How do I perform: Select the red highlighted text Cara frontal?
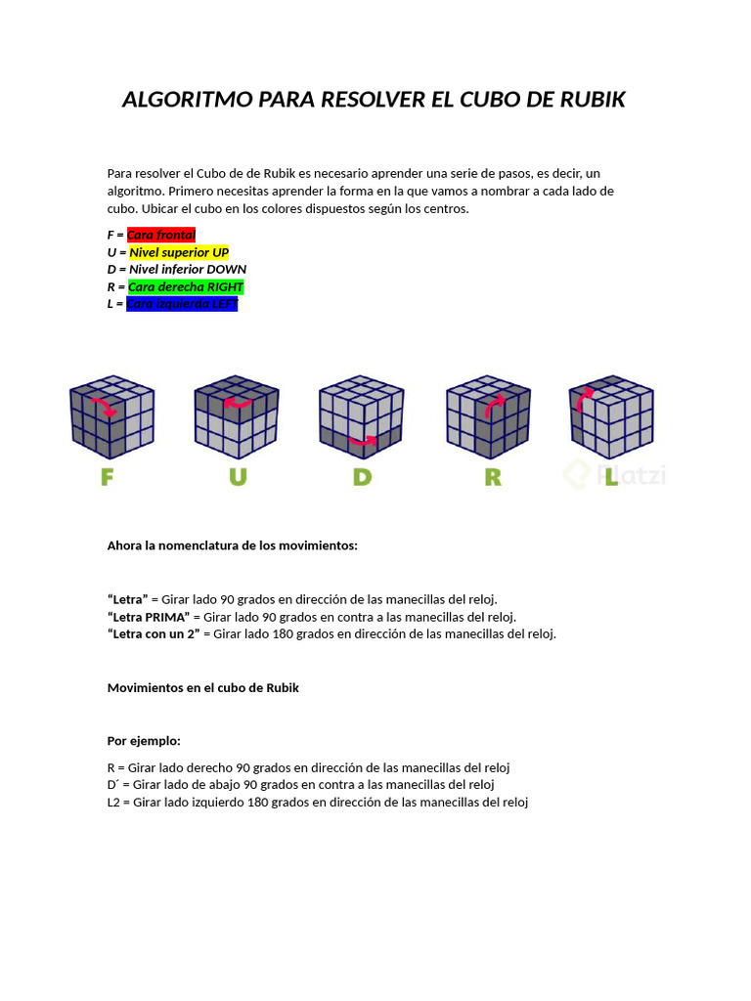click(161, 235)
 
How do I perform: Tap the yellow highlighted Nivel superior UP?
click(179, 252)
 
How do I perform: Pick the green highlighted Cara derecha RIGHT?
click(186, 287)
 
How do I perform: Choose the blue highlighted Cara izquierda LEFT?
click(182, 304)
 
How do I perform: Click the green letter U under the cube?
click(238, 477)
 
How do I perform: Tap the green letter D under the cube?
click(363, 477)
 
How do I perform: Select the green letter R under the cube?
click(492, 477)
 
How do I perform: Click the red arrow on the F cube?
click(105, 406)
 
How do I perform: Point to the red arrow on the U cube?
click(238, 401)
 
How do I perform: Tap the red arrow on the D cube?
click(363, 441)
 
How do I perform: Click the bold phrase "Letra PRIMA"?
click(149, 617)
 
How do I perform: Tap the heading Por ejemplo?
click(144, 741)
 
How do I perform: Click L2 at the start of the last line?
click(113, 803)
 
